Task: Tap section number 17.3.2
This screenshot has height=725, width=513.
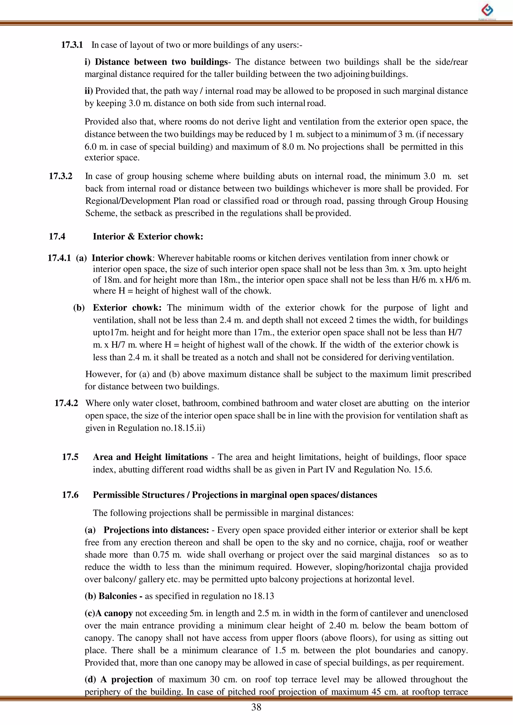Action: click(60, 176)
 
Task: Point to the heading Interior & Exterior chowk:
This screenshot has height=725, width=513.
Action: click(148, 236)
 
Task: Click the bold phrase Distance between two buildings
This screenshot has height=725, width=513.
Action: click(161, 62)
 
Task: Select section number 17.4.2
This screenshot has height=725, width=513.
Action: click(66, 403)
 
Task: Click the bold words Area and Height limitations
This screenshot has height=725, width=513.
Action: click(150, 457)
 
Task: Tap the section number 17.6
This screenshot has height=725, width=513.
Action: click(70, 495)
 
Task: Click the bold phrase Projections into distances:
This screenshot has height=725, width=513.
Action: click(156, 530)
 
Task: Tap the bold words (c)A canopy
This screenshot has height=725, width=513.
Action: click(108, 613)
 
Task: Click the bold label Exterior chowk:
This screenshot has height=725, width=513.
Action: click(127, 308)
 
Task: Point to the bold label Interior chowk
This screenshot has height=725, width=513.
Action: click(122, 258)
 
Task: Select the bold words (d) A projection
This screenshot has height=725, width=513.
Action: click(118, 679)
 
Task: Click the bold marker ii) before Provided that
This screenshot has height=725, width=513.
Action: click(89, 91)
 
